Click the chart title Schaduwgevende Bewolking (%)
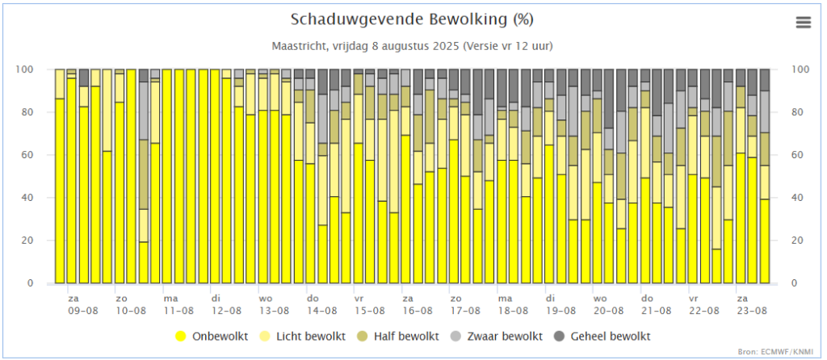[412, 19]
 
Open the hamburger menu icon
[803, 23]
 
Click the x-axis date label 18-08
[511, 310]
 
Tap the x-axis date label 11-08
[178, 310]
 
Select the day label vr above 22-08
[692, 298]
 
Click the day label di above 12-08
[216, 298]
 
